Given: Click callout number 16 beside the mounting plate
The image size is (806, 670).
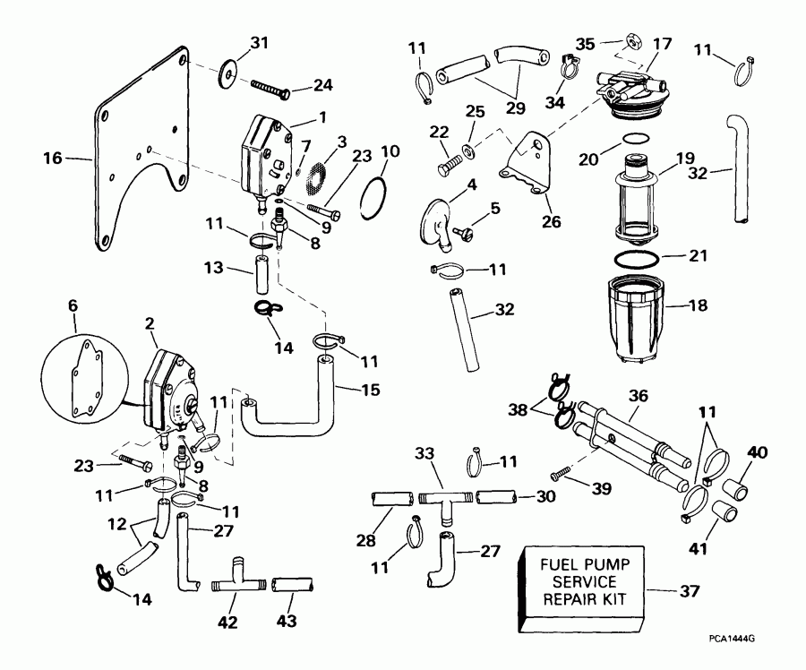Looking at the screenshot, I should [53, 159].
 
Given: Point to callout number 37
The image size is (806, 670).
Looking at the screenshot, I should [690, 590].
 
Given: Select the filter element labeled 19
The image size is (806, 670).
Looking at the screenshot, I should [647, 202].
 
